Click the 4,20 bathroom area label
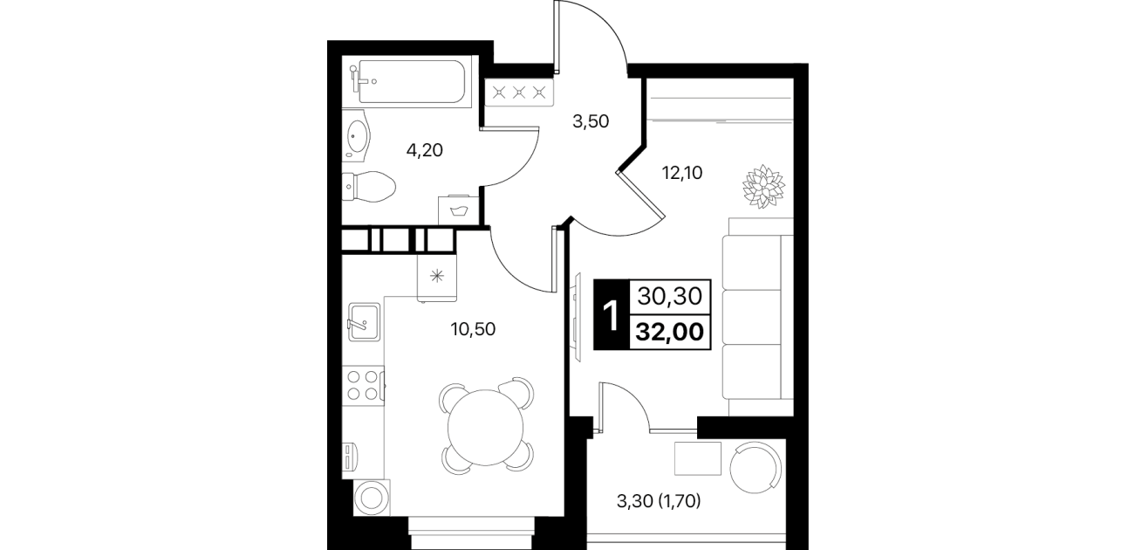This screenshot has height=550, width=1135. tap(425, 150)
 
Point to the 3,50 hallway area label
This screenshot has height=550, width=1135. tap(591, 121)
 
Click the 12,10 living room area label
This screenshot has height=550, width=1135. tap(682, 174)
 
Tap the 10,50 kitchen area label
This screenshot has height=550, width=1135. tap(473, 329)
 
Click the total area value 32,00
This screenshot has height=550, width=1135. tap(670, 332)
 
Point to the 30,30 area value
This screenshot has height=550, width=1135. tap(670, 296)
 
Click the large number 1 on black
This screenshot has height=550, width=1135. tap(612, 315)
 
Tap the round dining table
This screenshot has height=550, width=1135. tap(485, 427)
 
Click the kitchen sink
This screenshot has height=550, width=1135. tap(364, 322)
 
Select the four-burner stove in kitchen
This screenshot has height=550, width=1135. tap(363, 385)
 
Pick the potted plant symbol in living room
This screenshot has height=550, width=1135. tap(763, 186)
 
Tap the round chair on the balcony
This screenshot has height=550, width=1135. tap(756, 467)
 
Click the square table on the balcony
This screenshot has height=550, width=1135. tap(697, 458)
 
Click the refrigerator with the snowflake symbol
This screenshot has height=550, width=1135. tap(437, 277)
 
